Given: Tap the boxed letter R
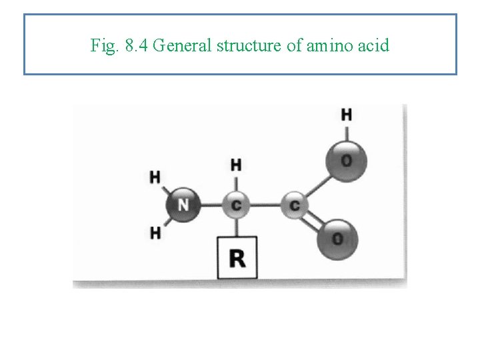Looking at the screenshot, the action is (x=237, y=257).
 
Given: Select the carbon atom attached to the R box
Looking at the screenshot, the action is (x=236, y=205).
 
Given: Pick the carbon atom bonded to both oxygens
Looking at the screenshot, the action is (x=294, y=205).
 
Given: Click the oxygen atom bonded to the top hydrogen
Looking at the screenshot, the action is (x=345, y=160).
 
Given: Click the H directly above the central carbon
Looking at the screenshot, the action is (x=236, y=165).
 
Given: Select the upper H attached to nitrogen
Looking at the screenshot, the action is (x=155, y=177).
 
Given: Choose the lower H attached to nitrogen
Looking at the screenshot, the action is (x=155, y=233).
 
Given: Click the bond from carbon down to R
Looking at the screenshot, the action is (x=236, y=227).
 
